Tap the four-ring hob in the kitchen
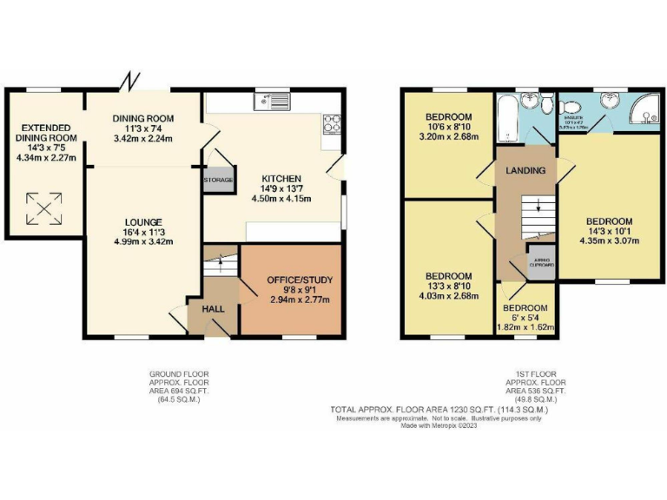332,124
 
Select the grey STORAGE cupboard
218,180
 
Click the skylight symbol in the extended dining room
42,208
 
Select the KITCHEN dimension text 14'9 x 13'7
283,188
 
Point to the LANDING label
526,170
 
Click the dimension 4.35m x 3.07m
608,243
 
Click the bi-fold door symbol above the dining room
131,82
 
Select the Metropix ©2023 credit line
439,425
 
